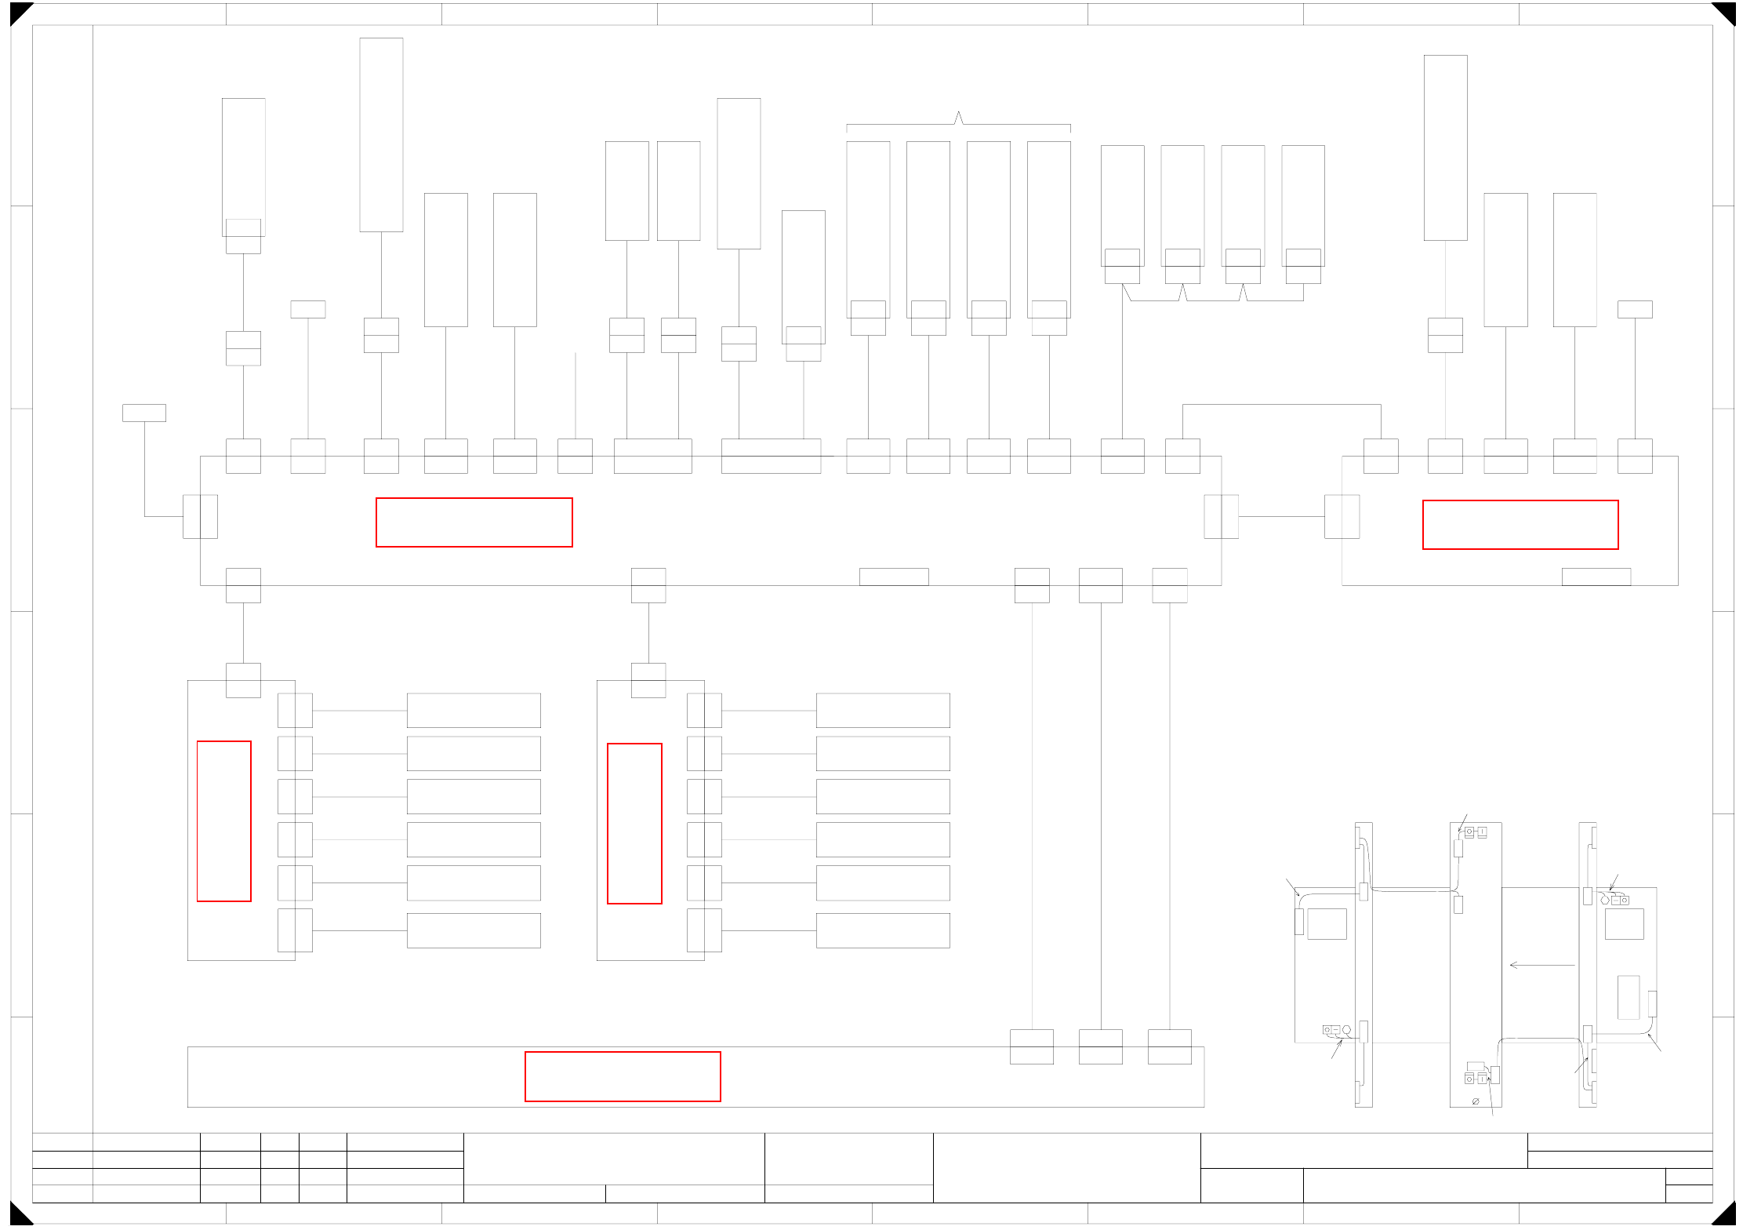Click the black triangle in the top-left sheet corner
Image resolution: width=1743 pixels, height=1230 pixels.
pos(19,12)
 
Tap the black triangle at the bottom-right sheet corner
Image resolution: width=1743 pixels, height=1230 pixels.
pos(1725,1215)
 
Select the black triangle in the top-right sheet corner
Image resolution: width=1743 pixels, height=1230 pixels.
pos(1725,12)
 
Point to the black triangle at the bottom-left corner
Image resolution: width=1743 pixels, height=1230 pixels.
pos(19,1215)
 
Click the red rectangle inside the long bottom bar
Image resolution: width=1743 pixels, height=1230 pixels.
pos(623,1076)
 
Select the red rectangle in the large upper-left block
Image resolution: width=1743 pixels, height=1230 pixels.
pos(474,522)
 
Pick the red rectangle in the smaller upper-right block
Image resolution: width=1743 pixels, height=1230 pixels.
pos(1520,525)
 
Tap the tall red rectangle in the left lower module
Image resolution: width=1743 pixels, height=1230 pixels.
pos(223,821)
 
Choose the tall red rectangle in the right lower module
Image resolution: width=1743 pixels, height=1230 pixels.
pos(634,824)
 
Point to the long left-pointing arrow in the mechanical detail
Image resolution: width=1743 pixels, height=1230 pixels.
pos(1541,965)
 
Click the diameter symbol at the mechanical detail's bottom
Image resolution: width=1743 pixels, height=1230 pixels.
pos(1476,1101)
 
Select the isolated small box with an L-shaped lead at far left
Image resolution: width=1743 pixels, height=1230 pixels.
pos(144,413)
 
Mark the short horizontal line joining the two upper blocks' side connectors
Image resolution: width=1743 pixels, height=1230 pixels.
pos(1281,516)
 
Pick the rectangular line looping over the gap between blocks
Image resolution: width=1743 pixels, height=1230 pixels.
pos(1281,405)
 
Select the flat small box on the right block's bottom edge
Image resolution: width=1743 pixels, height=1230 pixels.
pos(1596,577)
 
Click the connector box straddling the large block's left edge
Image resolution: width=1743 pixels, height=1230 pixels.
pos(200,516)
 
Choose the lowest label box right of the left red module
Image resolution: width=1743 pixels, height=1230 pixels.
pos(474,930)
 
